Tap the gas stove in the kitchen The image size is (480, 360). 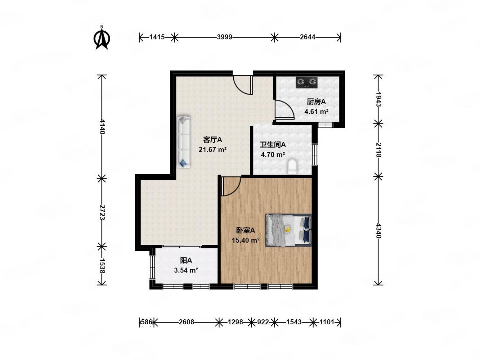pos(306,82)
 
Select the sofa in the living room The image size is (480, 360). pos(184,142)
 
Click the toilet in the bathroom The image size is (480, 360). pos(292,167)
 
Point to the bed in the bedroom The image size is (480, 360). pos(288,230)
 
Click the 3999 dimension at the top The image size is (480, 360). pos(224,37)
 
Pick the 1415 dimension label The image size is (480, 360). pos(157,37)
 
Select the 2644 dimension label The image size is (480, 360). pos(307,37)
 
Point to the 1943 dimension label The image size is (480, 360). pos(378,99)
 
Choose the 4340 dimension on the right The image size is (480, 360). pos(378,231)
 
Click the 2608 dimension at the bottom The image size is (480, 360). pos(186,322)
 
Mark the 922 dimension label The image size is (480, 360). pos(263,322)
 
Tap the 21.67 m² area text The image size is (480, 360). pos(212,150)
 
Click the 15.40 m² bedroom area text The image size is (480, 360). pos(246,240)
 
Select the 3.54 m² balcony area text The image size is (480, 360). pos(186,270)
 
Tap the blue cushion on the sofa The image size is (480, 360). pos(183,163)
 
